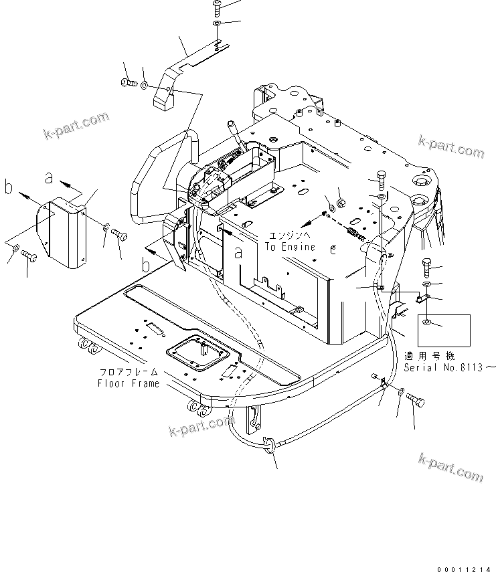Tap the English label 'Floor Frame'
point(129,383)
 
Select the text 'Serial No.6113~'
point(450,367)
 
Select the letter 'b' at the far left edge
point(9,188)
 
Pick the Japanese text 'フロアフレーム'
point(129,371)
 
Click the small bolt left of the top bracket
point(128,83)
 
